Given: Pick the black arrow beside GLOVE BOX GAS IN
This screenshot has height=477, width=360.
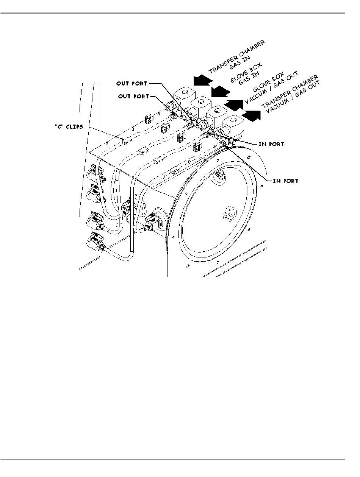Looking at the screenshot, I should click(x=221, y=91).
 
